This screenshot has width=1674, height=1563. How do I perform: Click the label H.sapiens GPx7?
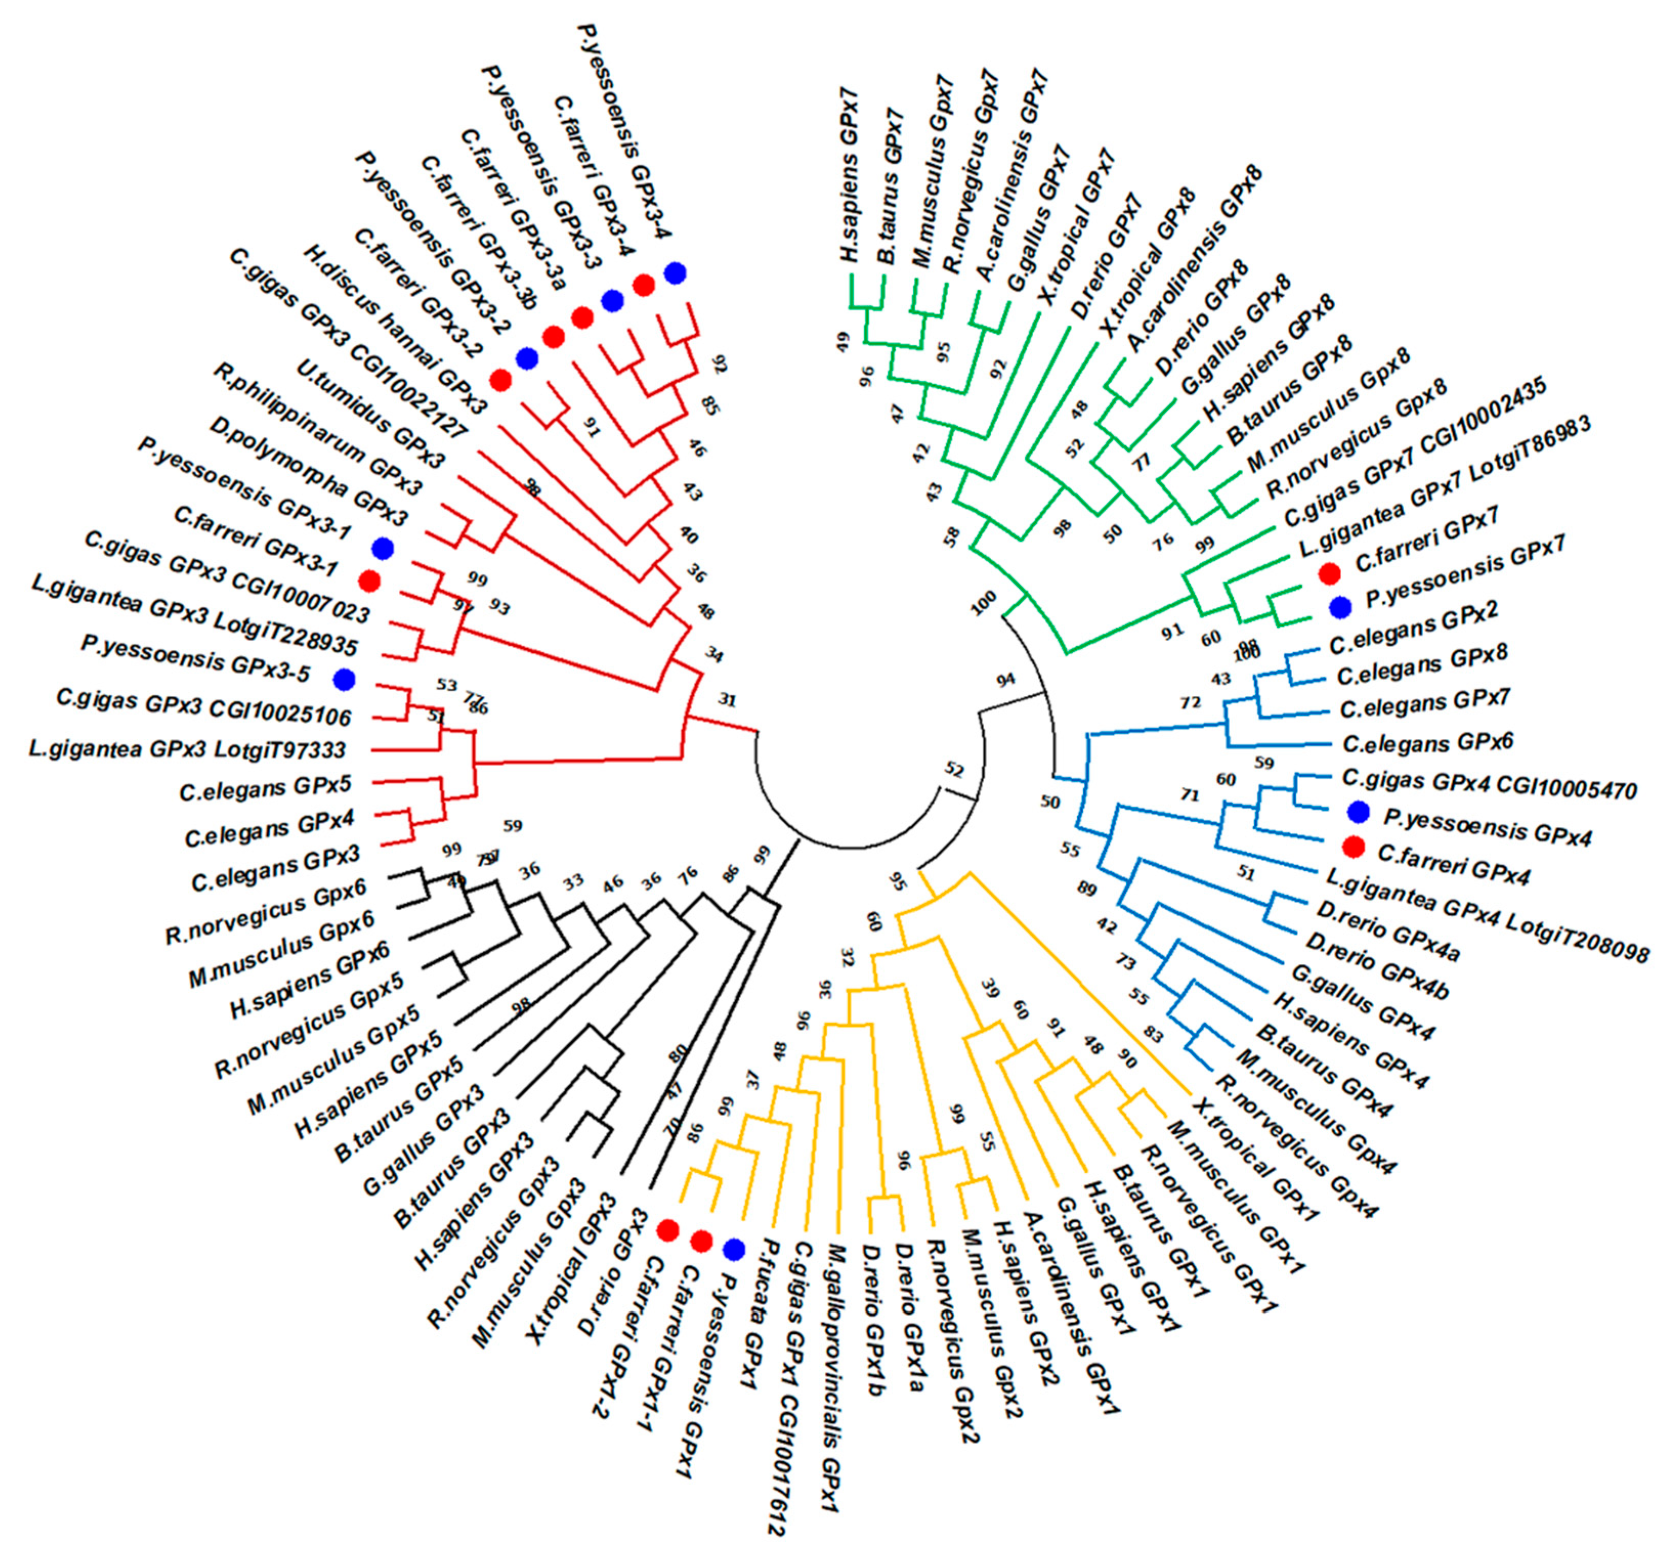point(859,202)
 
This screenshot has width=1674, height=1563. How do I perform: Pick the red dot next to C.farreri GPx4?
point(1353,845)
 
